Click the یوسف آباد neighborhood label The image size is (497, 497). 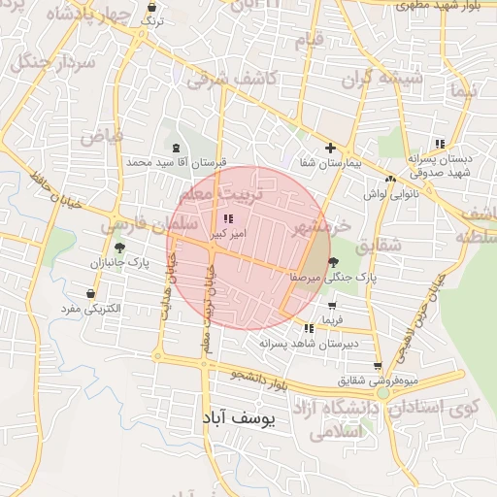coord(240,418)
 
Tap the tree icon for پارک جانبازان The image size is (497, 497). coord(119,248)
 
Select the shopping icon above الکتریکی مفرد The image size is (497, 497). coord(91,294)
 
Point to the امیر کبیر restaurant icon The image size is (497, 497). coord(228,220)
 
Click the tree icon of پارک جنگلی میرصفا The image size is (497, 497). coord(334,262)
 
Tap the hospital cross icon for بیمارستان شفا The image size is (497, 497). coord(331,149)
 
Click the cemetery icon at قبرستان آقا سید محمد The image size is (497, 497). coord(175,148)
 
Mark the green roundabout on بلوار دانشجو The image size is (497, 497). coord(383,394)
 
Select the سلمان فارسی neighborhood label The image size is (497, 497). coord(136,225)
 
